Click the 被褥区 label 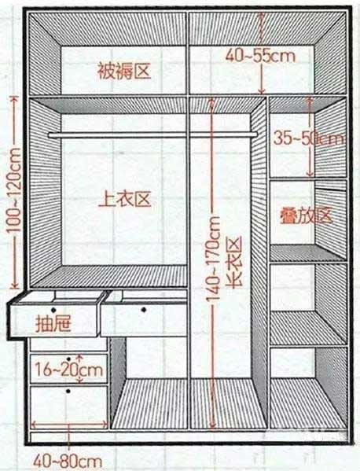pyautogui.click(x=124, y=72)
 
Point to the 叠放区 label pyautogui.click(x=306, y=215)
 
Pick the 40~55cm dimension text pyautogui.click(x=261, y=56)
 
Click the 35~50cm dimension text pyautogui.click(x=308, y=138)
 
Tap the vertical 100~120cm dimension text pyautogui.click(x=14, y=190)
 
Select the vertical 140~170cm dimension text pyautogui.click(x=213, y=259)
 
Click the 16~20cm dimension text pyautogui.click(x=69, y=369)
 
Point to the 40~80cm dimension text pyautogui.click(x=68, y=461)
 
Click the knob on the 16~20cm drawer pyautogui.click(x=68, y=359)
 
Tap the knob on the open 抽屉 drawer pyautogui.click(x=53, y=310)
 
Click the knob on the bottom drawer pyautogui.click(x=68, y=391)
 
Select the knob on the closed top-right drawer pyautogui.click(x=144, y=309)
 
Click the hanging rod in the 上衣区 pyautogui.click(x=152, y=135)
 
